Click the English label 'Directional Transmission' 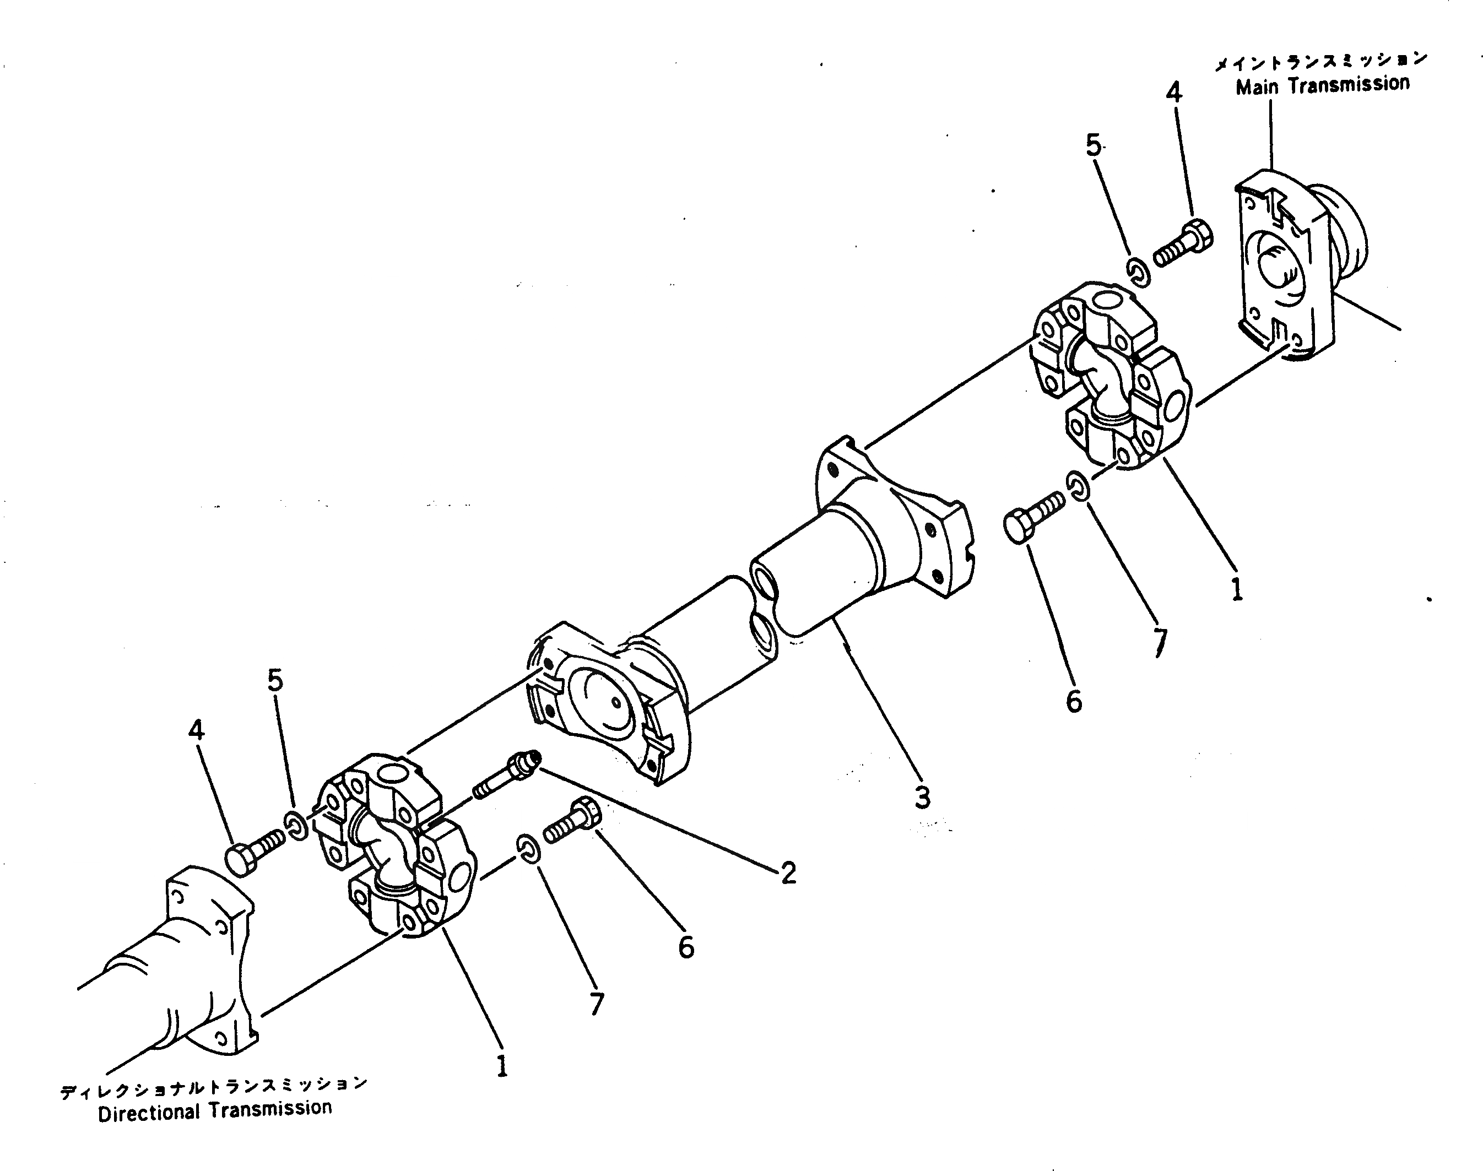[215, 1110]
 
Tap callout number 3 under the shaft [922, 798]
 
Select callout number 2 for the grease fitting [788, 873]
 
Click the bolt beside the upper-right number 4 [1183, 245]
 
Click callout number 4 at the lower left [196, 731]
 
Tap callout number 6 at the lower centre [686, 947]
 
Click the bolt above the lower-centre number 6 [572, 821]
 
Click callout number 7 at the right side [1159, 642]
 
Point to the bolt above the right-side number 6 [1033, 521]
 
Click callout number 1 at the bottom [502, 1065]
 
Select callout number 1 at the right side [1236, 589]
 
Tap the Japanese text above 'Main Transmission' [1320, 62]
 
